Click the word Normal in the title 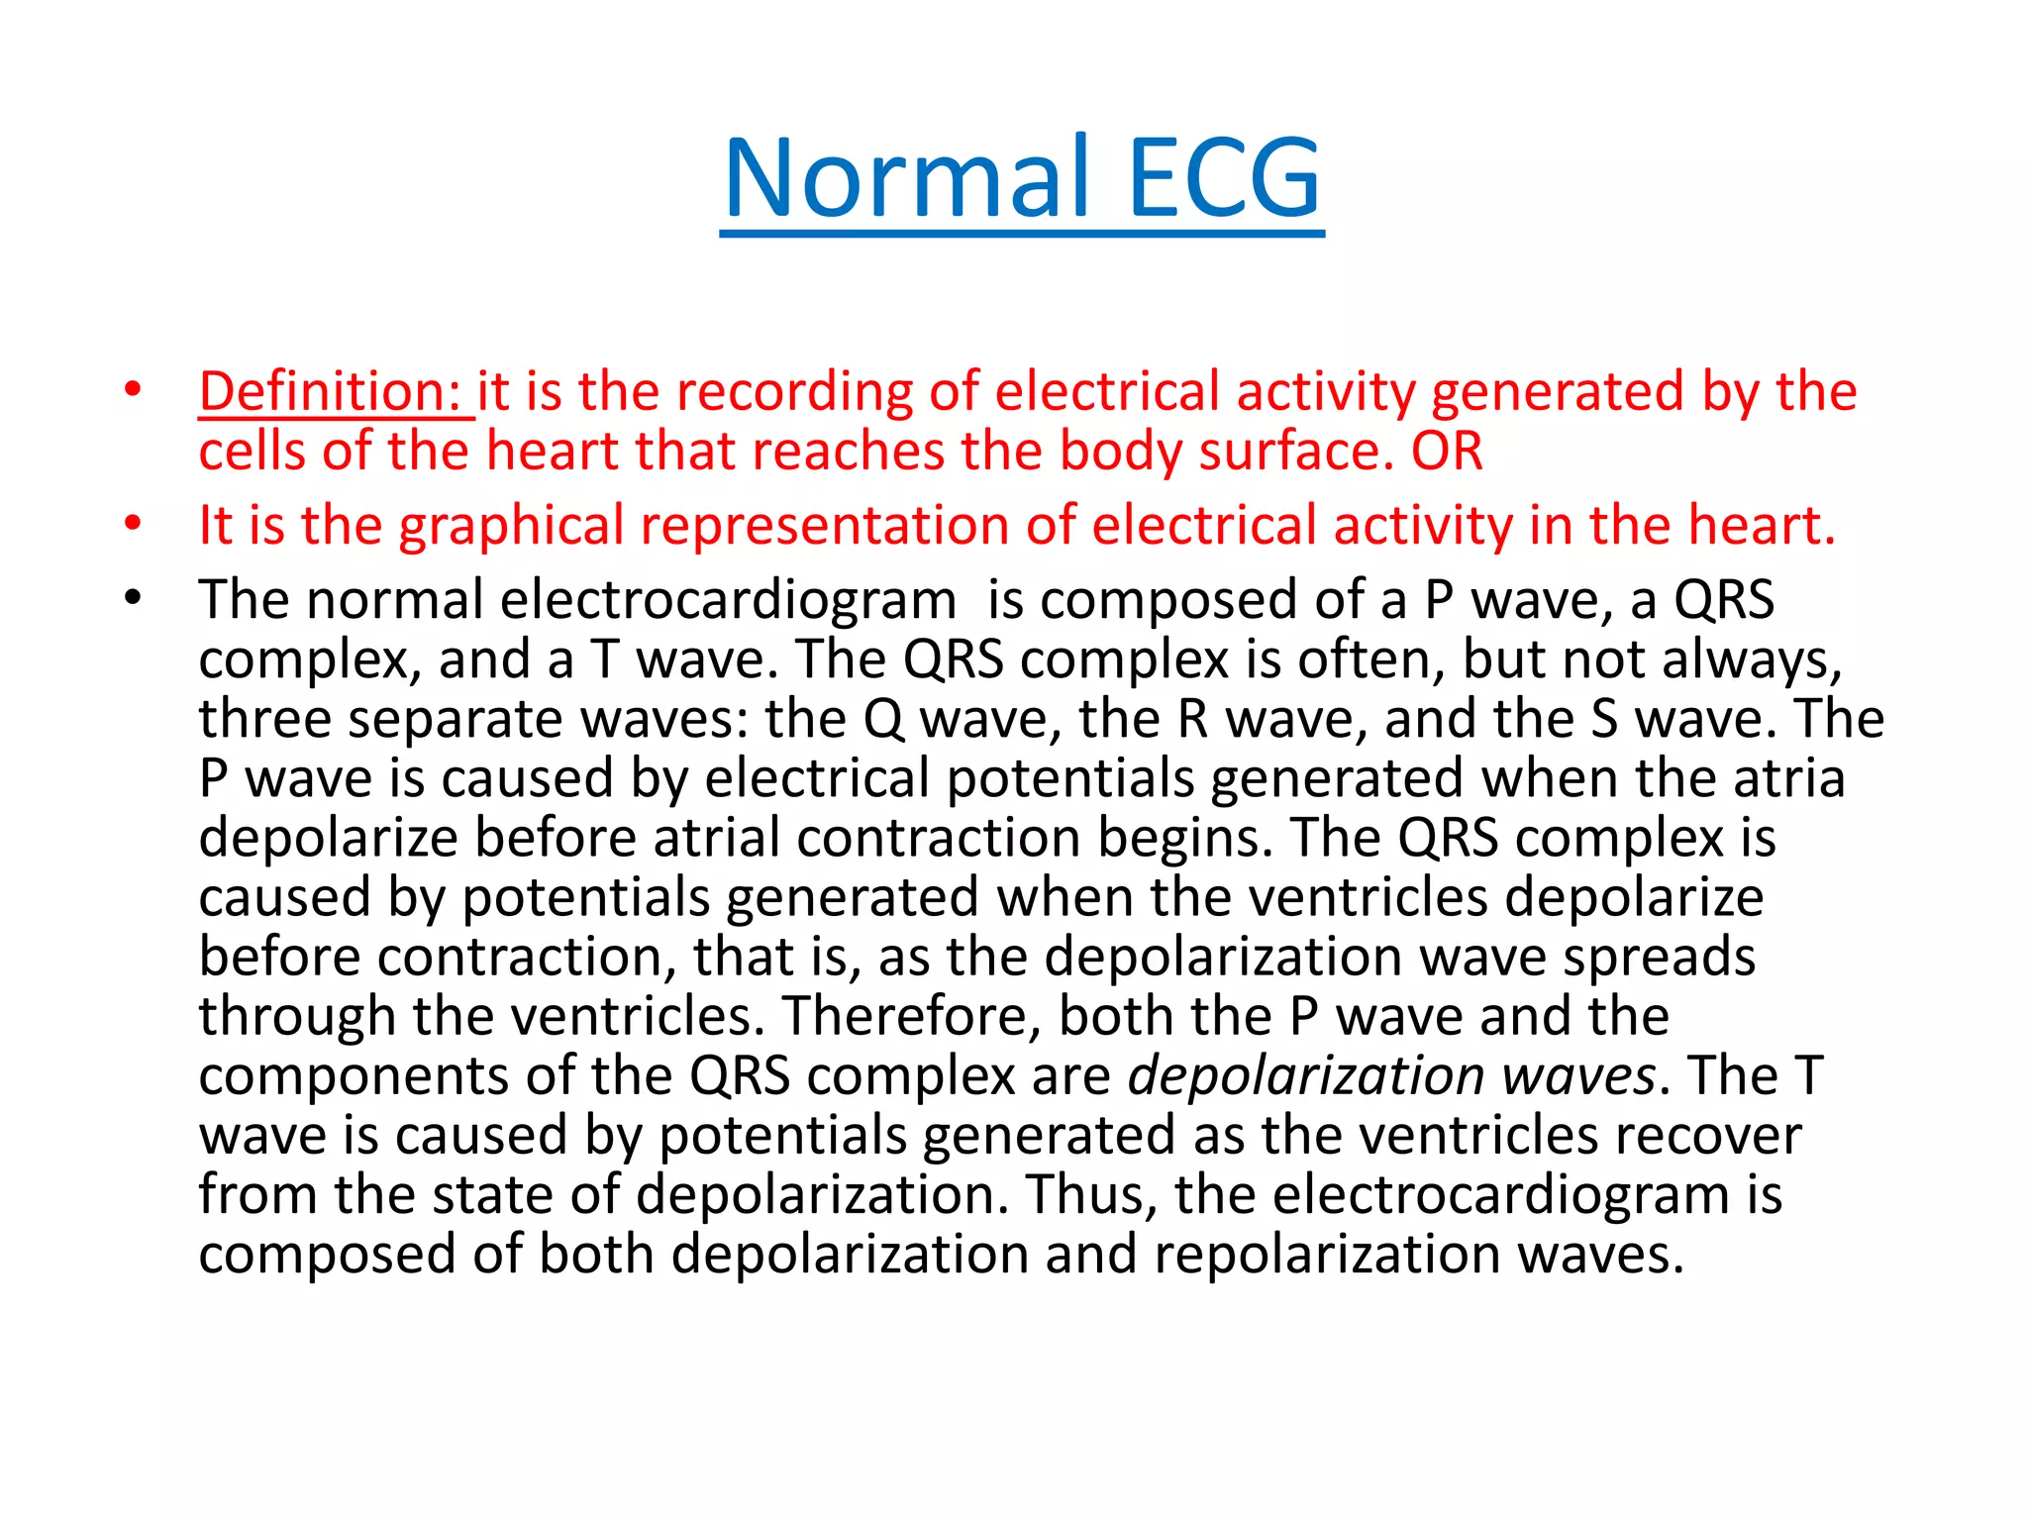pyautogui.click(x=906, y=178)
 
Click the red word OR pyautogui.click(x=1446, y=452)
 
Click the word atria pyautogui.click(x=1788, y=778)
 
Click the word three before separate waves pyautogui.click(x=263, y=720)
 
